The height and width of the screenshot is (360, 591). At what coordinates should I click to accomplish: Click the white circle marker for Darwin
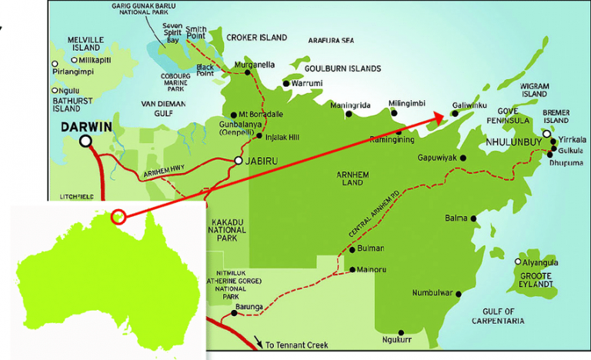coord(85,141)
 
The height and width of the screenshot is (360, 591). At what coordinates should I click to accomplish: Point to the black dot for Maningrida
coord(349,114)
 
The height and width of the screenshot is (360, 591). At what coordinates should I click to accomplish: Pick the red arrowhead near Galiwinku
coord(439,118)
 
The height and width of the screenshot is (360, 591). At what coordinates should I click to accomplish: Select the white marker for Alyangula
coord(518,262)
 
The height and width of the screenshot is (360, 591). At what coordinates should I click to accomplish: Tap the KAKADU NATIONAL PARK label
coord(227,229)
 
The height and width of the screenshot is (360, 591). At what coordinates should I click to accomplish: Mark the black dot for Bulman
coord(352,249)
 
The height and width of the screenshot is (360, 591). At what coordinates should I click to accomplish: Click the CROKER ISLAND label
coord(256,37)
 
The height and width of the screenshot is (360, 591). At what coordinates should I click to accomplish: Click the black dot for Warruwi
coord(285,83)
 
